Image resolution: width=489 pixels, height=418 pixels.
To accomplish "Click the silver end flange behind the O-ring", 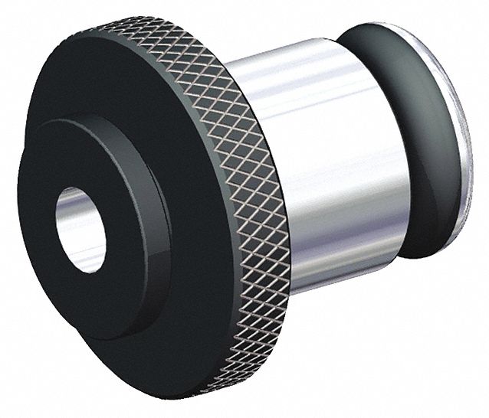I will pos(460,138).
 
